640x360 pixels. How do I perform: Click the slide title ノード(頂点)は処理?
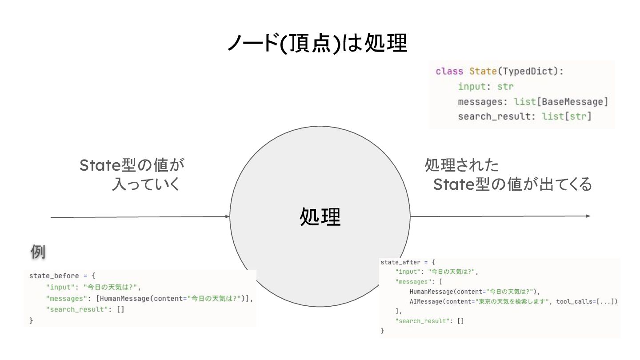tap(317, 44)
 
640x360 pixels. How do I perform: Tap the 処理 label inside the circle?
tap(320, 217)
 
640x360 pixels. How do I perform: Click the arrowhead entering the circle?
tap(228, 217)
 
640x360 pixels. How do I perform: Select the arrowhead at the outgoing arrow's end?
tap(588, 216)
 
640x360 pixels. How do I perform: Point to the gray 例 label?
tap(38, 252)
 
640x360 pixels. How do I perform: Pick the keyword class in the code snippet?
tap(447, 72)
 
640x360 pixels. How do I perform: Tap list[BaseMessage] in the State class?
tap(561, 102)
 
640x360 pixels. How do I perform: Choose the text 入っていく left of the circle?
tap(146, 184)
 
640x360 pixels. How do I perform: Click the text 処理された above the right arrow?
tap(461, 166)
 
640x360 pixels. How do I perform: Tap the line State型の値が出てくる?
tap(512, 184)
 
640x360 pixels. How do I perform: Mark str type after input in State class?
tap(505, 87)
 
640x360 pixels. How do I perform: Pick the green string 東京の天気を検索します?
tap(505, 301)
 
